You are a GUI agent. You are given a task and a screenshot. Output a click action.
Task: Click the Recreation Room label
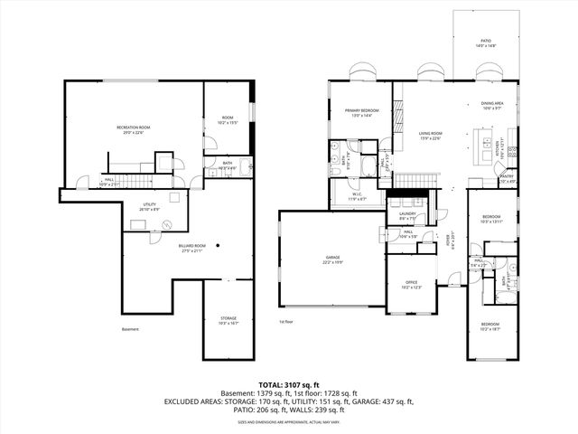(x=133, y=129)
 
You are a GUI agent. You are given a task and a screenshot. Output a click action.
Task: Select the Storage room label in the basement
(x=228, y=320)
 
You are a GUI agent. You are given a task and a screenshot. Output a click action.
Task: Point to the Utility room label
(x=149, y=206)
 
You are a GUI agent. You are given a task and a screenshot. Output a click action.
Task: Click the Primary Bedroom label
(x=361, y=112)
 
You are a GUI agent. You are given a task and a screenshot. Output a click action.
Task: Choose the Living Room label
(x=430, y=136)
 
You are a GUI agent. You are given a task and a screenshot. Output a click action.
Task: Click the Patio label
(x=486, y=42)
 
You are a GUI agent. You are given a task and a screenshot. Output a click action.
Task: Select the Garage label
(x=333, y=259)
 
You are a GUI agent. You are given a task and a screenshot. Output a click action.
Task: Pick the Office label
(x=411, y=285)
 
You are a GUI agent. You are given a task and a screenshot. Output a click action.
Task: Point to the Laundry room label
(x=407, y=216)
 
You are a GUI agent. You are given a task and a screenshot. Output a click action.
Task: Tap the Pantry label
(x=508, y=178)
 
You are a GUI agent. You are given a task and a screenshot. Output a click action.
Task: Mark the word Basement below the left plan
(x=131, y=329)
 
